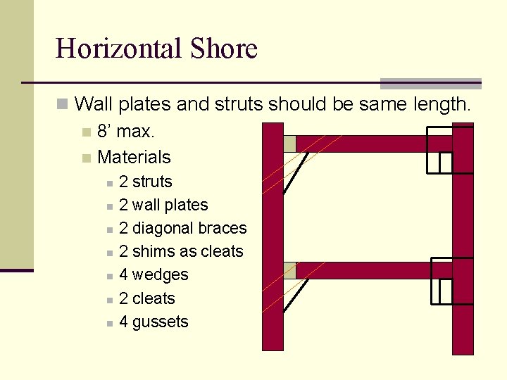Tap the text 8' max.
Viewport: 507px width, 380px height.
click(x=126, y=132)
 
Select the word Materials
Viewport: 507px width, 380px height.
click(x=134, y=156)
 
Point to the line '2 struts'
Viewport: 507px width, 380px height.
click(x=146, y=182)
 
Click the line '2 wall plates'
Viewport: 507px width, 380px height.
click(x=163, y=205)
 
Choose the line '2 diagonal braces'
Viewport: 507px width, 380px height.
click(x=183, y=228)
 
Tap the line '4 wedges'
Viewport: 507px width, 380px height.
click(x=154, y=274)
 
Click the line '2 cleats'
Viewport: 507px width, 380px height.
click(x=146, y=298)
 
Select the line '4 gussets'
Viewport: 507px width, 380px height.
click(x=154, y=322)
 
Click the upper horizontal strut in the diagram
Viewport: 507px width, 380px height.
click(x=366, y=144)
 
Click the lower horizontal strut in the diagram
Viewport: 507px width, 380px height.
click(x=366, y=270)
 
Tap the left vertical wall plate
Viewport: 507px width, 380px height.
click(x=272, y=310)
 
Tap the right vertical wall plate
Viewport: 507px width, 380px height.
click(x=463, y=317)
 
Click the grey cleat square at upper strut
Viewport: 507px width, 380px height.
click(x=289, y=144)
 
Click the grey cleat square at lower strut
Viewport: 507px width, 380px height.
click(x=289, y=270)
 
